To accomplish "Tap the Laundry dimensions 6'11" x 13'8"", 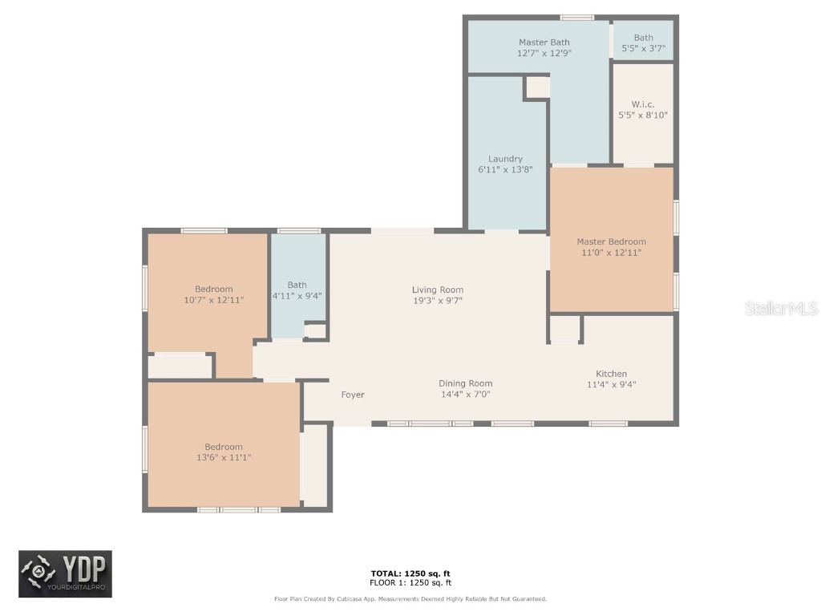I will click(x=505, y=170).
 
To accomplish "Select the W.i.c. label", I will click(x=642, y=103).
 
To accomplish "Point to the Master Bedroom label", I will click(x=611, y=241).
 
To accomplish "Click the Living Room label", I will click(x=438, y=290).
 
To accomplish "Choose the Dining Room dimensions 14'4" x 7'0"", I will click(x=465, y=395).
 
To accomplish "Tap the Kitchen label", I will click(x=611, y=374).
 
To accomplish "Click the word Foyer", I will click(x=353, y=395).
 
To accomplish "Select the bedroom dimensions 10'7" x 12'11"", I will click(x=214, y=299).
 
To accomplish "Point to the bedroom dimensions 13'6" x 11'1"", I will click(x=223, y=457).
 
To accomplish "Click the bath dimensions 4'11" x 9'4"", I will click(x=297, y=295).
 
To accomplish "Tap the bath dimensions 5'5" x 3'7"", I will click(x=643, y=49).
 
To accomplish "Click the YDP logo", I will click(x=66, y=574).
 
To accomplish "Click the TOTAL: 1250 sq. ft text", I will click(x=410, y=573).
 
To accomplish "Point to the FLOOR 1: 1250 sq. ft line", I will click(x=410, y=582).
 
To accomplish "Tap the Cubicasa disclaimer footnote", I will click(x=410, y=599).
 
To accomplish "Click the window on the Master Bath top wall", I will click(x=576, y=17).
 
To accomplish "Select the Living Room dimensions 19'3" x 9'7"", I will click(x=438, y=301).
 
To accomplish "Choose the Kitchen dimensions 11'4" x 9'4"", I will click(x=611, y=384).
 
